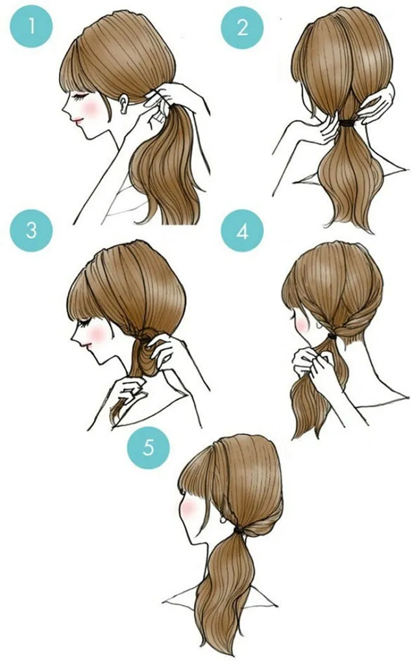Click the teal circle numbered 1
[30, 27]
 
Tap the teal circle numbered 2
[242, 27]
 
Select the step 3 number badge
[30, 231]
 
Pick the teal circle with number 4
[242, 231]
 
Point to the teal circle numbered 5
[149, 447]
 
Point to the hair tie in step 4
[333, 336]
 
